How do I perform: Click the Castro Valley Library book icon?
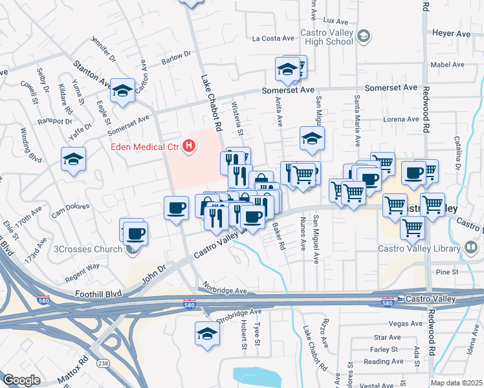(x=472, y=248)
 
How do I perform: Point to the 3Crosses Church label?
(x=88, y=250)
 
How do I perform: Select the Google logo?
(x=21, y=380)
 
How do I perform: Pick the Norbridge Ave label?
(x=225, y=291)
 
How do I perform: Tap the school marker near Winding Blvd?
(x=74, y=158)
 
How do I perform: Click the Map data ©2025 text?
(x=457, y=383)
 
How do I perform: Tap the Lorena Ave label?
(x=401, y=119)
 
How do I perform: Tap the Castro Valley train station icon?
(x=401, y=299)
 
